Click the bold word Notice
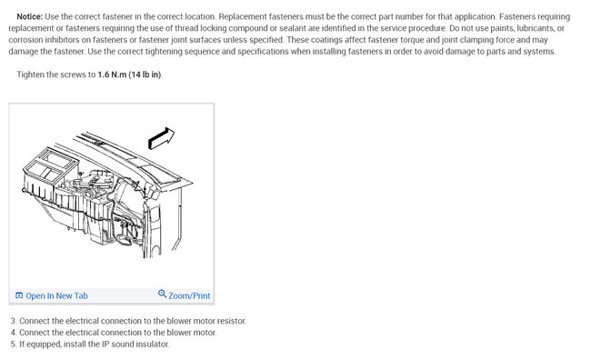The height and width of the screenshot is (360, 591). pos(30,16)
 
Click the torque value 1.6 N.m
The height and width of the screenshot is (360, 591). pos(112,75)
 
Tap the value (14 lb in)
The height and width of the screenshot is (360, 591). pos(145,75)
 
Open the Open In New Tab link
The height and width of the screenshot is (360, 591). pos(56,296)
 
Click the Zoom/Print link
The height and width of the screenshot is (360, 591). pos(189,296)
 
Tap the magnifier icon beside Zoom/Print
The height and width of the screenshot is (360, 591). pos(162,294)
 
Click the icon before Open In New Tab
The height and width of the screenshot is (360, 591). pos(19,295)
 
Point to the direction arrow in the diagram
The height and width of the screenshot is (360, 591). pos(161,138)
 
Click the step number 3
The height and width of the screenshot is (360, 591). pos(14,321)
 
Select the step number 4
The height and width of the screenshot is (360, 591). pos(14,333)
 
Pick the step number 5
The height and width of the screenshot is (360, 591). pos(14,345)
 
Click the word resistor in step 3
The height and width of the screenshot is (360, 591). pos(232,321)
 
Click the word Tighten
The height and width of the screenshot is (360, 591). pos(30,75)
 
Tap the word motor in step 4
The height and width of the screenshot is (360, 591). pos(205,333)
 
